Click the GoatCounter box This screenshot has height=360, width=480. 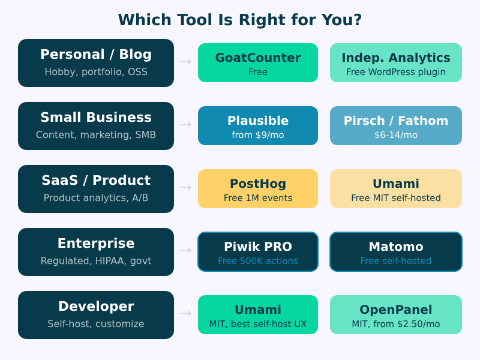[258, 63]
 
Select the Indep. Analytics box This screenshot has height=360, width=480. [396, 63]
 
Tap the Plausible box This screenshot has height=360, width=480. [258, 126]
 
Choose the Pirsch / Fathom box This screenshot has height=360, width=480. [396, 126]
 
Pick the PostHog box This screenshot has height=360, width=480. [258, 189]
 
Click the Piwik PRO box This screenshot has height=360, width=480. [258, 252]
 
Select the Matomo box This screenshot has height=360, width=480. [396, 252]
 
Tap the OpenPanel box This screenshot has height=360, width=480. [396, 315]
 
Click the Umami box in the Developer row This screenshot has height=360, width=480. [258, 315]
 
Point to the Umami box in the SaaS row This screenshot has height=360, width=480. [396, 189]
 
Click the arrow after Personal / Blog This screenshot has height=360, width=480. [186, 62]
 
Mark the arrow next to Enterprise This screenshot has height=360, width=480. [186, 251]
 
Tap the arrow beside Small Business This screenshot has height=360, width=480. [186, 125]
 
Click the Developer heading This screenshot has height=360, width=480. [96, 307]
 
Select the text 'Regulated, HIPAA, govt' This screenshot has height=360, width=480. [96, 261]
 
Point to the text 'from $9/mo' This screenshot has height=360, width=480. [258, 135]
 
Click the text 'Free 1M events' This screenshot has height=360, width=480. [258, 198]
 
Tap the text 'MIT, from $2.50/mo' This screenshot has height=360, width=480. [396, 324]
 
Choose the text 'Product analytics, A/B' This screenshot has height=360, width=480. [96, 198]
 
